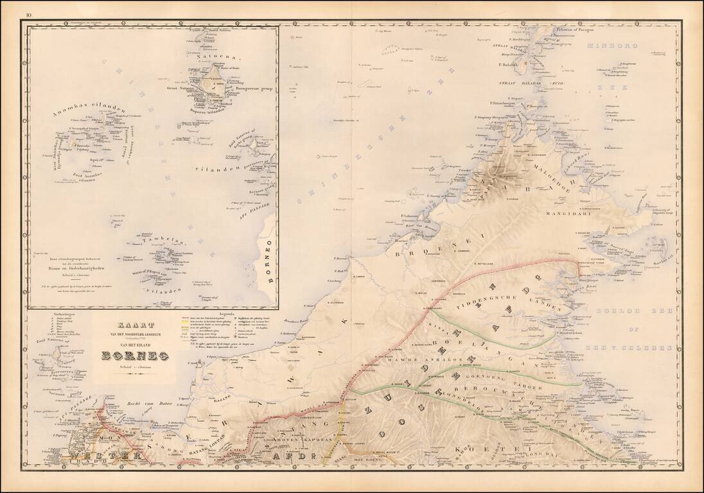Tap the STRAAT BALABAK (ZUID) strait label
click(x=531, y=84)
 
